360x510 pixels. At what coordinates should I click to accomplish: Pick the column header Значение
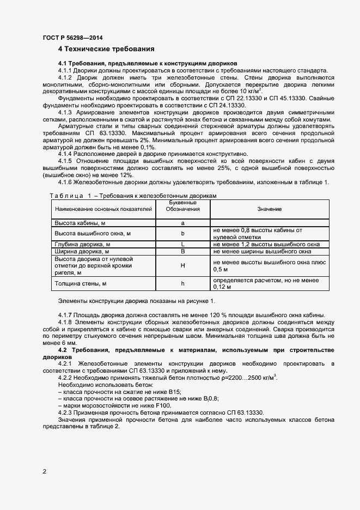[269, 209]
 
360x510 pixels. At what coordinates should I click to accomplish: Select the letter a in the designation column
[183, 223]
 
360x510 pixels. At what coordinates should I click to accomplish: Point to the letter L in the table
[183, 244]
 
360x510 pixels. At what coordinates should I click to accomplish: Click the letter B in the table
[183, 252]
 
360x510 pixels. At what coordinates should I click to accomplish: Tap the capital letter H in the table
[183, 265]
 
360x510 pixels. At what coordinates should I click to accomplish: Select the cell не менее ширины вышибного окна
[262, 252]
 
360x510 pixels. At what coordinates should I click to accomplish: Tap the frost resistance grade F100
[162, 405]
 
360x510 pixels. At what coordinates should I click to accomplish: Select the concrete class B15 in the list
[174, 391]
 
